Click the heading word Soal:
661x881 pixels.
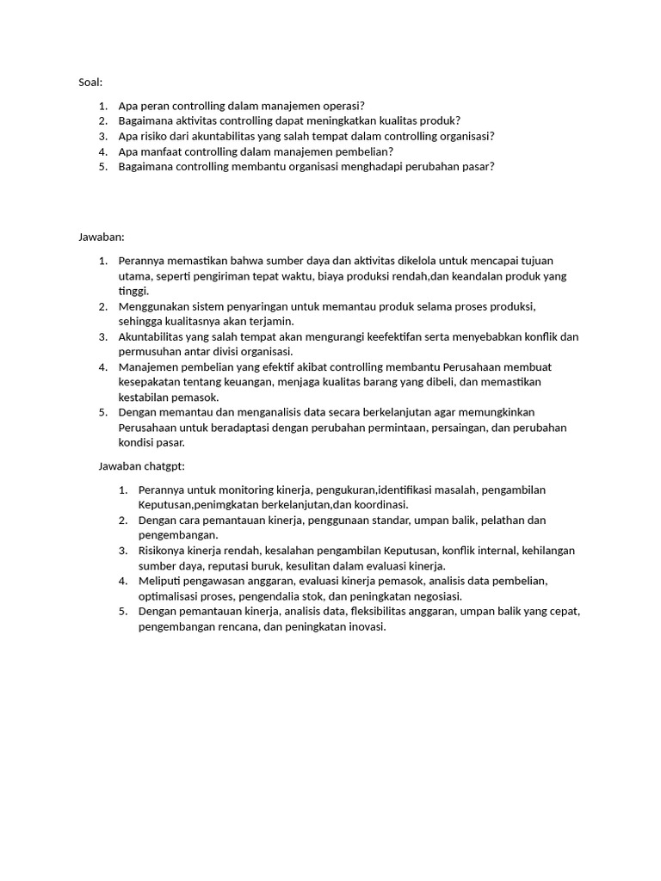point(90,83)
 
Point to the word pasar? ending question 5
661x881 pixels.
point(478,166)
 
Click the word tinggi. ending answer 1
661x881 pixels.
point(133,291)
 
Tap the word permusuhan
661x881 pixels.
point(151,351)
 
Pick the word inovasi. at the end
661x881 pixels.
point(364,626)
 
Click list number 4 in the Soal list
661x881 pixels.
point(102,151)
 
